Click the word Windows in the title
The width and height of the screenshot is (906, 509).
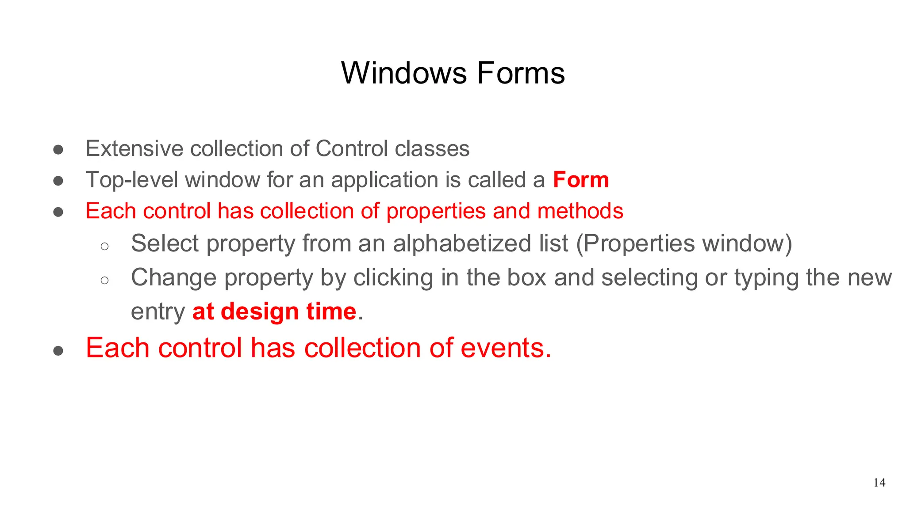[403, 73]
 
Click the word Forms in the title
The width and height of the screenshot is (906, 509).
[521, 73]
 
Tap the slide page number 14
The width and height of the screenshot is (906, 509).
[879, 482]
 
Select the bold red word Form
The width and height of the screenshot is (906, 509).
[581, 180]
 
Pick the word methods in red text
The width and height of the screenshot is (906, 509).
[580, 211]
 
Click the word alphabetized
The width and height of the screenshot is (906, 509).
[480, 243]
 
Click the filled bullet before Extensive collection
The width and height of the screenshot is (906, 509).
[58, 149]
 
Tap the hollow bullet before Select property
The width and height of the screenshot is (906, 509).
[104, 246]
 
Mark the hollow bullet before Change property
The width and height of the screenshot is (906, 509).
[104, 280]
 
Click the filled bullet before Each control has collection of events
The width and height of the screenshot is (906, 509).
[58, 351]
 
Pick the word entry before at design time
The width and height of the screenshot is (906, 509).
[157, 312]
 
